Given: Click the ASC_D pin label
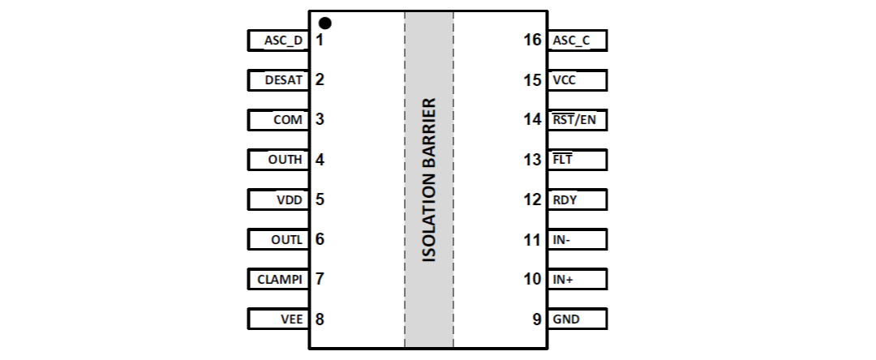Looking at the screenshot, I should (x=283, y=41).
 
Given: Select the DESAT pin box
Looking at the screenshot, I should (x=277, y=80).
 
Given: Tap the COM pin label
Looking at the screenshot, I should (x=288, y=120).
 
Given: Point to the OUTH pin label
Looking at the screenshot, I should (x=285, y=160).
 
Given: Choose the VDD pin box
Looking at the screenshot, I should (x=277, y=199).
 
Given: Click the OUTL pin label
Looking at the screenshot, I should (x=286, y=239).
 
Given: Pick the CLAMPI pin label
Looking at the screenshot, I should (x=280, y=279).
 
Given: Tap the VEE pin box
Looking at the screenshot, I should (x=277, y=319).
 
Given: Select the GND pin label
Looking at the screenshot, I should (x=566, y=319).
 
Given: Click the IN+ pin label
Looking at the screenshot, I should (x=564, y=279).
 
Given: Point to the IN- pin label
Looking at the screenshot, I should (x=563, y=239).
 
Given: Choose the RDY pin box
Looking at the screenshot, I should (x=577, y=199).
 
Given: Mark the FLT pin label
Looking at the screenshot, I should (x=562, y=160).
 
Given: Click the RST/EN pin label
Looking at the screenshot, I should (x=573, y=120).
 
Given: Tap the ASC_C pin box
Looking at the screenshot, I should (x=577, y=41).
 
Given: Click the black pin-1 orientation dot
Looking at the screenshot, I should (x=325, y=23).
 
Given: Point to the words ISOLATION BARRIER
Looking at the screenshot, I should (x=430, y=181).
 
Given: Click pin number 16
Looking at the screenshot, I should (x=533, y=40).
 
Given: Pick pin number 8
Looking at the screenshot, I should (x=320, y=319).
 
